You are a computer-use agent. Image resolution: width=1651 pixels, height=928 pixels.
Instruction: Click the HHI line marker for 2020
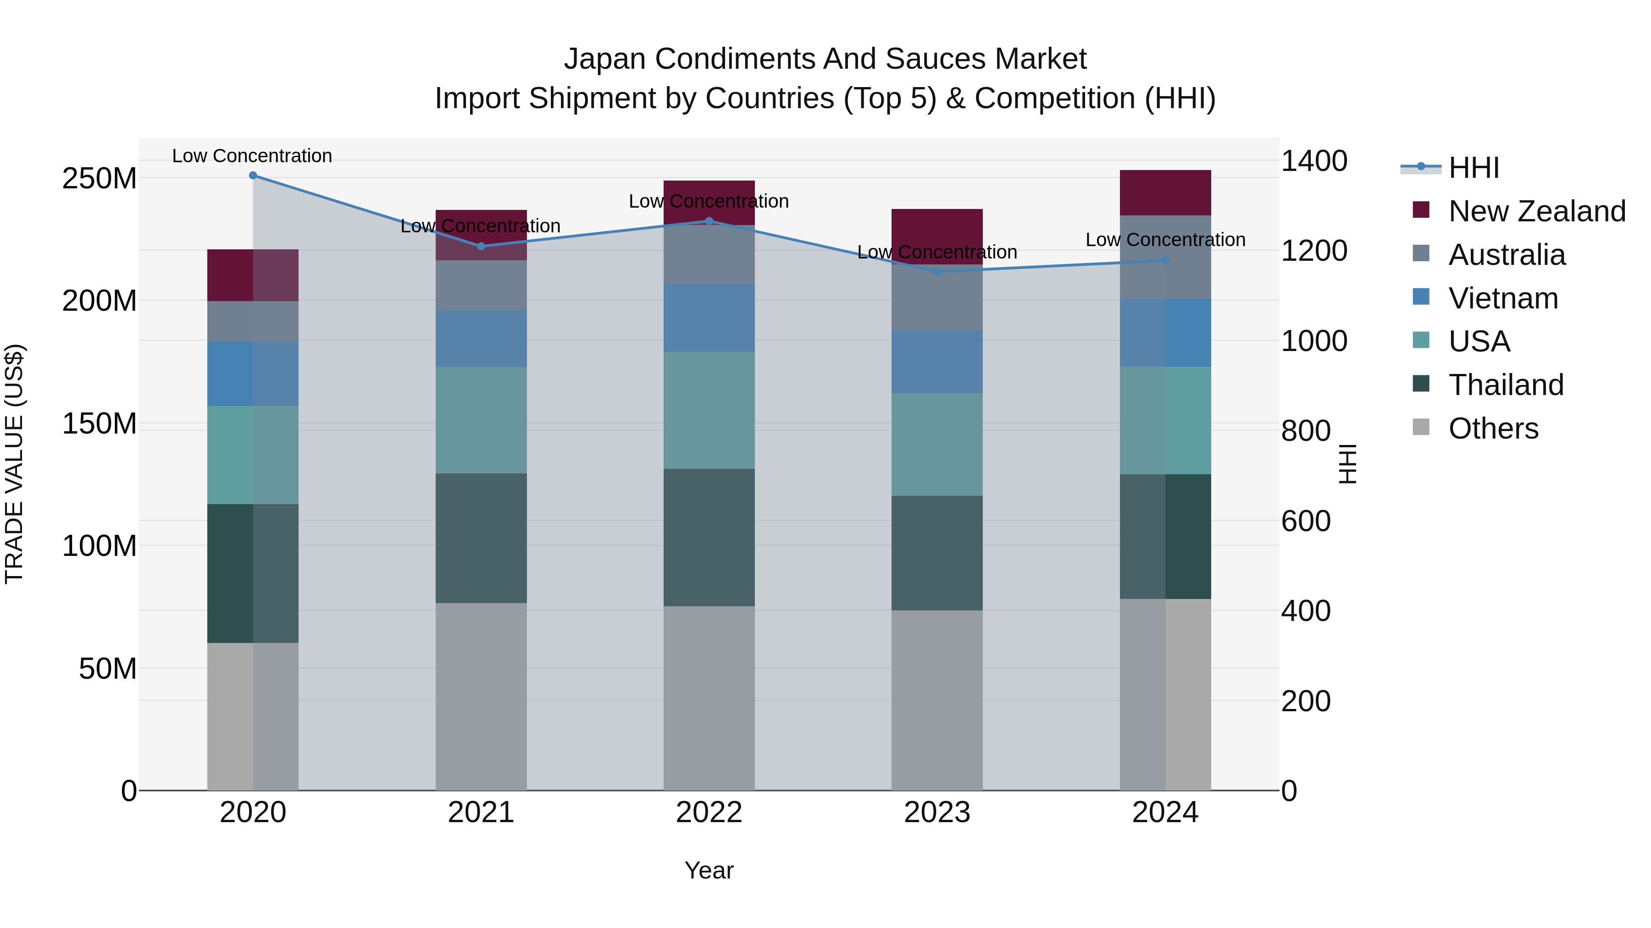coord(253,176)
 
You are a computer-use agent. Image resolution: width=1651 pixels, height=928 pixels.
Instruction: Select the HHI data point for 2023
coord(937,272)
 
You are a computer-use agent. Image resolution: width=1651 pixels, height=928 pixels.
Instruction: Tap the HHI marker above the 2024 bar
coord(1165,261)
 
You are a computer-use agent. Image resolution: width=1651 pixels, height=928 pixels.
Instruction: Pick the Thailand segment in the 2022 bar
coord(709,538)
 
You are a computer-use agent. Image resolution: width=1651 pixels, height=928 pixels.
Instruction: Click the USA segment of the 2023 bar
coord(937,445)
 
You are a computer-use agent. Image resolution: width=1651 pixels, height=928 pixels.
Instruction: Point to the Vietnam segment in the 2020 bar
coord(253,373)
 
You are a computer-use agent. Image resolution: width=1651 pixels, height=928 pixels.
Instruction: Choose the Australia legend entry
coord(1506,255)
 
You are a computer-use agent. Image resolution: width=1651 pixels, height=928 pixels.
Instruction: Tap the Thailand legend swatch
coord(1421,384)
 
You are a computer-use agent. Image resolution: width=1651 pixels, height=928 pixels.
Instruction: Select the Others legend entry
coord(1493,428)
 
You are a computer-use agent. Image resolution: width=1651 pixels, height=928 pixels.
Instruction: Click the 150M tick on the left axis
coord(100,424)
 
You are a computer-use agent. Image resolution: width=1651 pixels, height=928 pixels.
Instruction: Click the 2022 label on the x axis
coord(709,813)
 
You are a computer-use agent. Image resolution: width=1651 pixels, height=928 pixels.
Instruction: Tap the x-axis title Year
coord(709,870)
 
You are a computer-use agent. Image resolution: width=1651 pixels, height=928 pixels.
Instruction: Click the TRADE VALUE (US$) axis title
coord(15,464)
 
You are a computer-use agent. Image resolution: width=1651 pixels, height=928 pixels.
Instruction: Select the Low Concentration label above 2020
coord(252,156)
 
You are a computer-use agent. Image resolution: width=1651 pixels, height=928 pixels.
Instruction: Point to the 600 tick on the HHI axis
coord(1306,522)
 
